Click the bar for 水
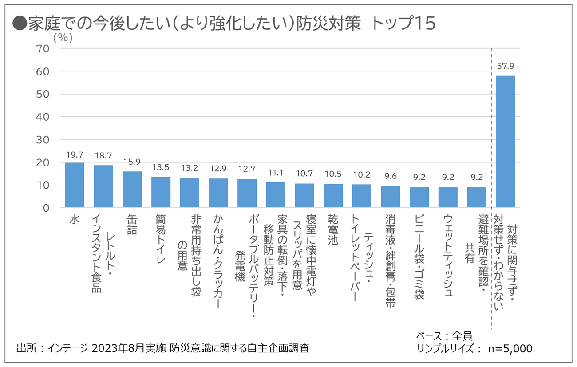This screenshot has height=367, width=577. click(x=74, y=185)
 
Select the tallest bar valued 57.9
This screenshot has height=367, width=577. click(x=505, y=142)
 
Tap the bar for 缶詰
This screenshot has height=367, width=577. click(x=132, y=189)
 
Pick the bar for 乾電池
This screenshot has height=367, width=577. click(x=333, y=196)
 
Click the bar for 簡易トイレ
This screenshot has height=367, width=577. click(x=161, y=192)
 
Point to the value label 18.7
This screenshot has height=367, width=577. click(x=103, y=156)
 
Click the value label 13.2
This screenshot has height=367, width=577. click(x=189, y=168)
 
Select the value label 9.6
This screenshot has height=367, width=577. click(x=390, y=176)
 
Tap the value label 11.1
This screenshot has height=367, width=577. click(x=275, y=173)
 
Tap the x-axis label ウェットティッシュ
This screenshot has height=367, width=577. click(x=448, y=256)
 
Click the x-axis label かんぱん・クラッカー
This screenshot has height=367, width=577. click(x=218, y=261)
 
